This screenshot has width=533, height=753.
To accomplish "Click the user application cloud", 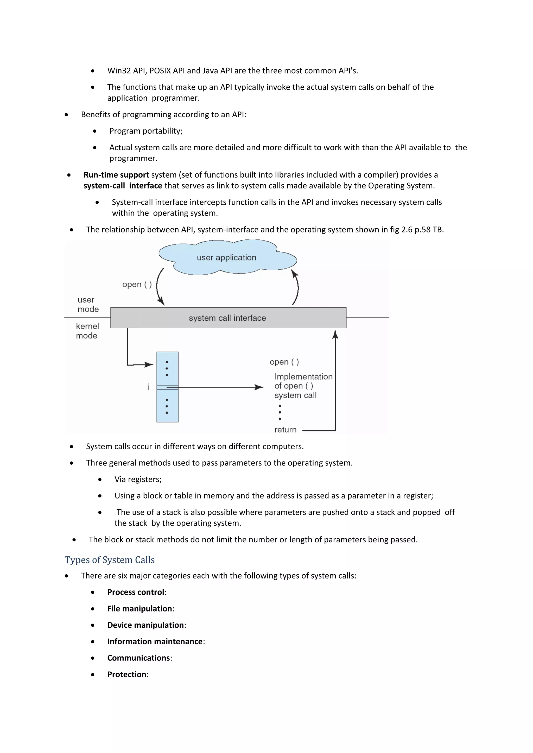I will (x=226, y=258).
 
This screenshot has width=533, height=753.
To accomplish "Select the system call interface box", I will (x=228, y=318).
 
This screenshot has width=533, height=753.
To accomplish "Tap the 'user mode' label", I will (x=88, y=304).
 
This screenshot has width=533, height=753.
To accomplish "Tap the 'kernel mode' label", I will (x=87, y=330).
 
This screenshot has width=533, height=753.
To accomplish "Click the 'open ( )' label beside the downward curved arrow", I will (x=137, y=284).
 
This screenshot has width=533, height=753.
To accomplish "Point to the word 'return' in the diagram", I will (x=285, y=430).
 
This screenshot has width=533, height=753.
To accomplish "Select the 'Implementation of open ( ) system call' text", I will (x=303, y=386).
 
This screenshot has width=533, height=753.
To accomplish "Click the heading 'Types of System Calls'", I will (x=109, y=560).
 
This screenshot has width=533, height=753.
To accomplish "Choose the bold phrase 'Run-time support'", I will (x=116, y=175).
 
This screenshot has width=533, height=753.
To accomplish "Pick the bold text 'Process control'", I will (x=136, y=592).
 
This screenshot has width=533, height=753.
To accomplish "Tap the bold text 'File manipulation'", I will (x=139, y=608).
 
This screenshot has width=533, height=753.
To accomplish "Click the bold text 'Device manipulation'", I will (x=145, y=625).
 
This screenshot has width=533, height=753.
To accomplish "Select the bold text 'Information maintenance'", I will (x=155, y=641).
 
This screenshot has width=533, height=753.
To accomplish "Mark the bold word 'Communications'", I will (x=138, y=658).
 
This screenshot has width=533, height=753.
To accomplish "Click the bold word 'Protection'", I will (x=127, y=674).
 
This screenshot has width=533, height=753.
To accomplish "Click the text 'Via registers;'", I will (x=138, y=479).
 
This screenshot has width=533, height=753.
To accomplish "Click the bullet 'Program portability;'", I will (x=146, y=131).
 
